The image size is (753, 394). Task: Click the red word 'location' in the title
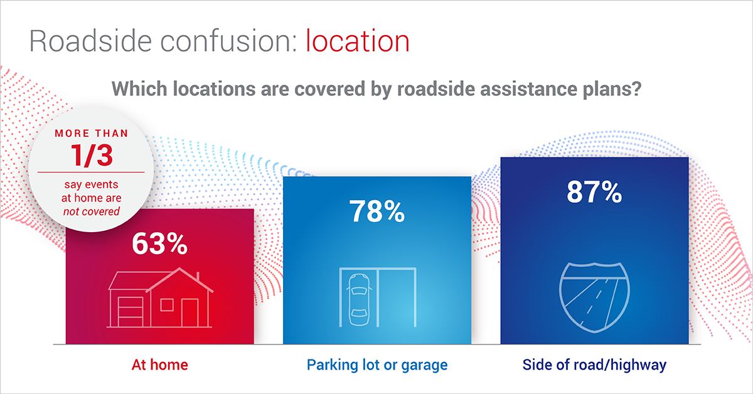coord(357,41)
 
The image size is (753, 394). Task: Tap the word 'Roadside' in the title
coord(90,41)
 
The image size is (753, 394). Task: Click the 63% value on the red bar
coord(159,243)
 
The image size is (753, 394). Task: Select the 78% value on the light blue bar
coord(377,211)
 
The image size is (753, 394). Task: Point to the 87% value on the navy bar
coord(594,192)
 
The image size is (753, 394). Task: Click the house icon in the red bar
coord(160,297)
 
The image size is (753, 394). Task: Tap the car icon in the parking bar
coord(359,299)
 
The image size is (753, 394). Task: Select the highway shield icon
coord(594,297)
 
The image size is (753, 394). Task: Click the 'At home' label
coord(159,365)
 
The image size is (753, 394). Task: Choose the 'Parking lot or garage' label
coord(377,365)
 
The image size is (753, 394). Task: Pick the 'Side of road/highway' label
coord(594,365)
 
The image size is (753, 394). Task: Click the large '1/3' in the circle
coord(92,156)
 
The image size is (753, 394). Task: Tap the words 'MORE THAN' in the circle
coord(92,134)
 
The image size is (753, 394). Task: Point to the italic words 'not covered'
coord(92,211)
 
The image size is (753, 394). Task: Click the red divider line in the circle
coord(91,173)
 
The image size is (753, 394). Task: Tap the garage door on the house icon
coord(131,312)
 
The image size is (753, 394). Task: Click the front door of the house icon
coord(190,312)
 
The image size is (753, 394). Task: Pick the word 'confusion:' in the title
coord(228,41)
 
